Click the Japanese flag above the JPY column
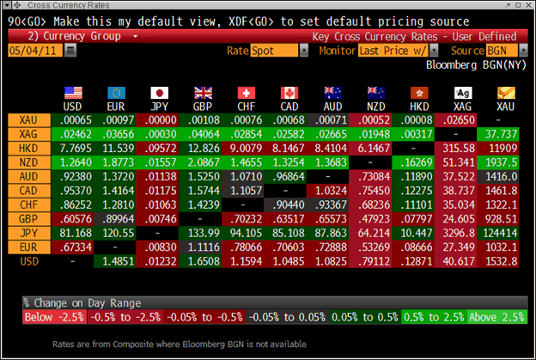click(160, 93)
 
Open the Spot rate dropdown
click(279, 52)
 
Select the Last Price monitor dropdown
click(397, 52)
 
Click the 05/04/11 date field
click(33, 52)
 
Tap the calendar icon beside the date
click(70, 52)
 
